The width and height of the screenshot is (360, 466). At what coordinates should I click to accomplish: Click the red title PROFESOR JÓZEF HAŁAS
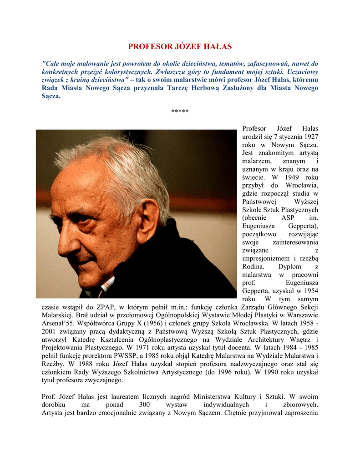click(180, 46)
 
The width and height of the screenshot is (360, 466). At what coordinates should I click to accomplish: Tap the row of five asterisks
click(180, 111)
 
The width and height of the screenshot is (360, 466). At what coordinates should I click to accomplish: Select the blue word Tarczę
click(178, 88)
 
